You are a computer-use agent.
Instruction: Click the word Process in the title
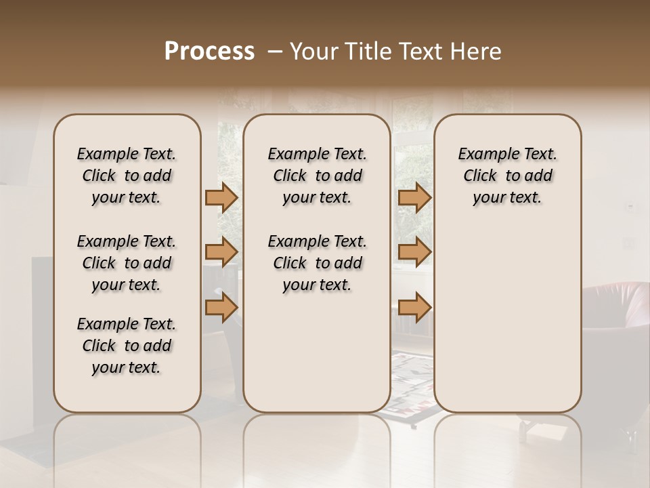[x=209, y=52]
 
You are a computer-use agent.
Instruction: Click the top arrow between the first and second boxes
[x=221, y=198]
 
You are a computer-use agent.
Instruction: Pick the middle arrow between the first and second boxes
[x=221, y=252]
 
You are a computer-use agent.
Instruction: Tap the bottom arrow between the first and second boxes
[x=221, y=307]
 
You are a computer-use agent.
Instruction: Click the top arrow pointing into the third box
[x=414, y=198]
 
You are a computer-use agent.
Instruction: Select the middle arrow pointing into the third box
[x=414, y=252]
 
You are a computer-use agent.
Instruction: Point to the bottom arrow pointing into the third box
[x=414, y=307]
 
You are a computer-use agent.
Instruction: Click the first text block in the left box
[x=126, y=176]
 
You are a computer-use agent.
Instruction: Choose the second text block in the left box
[x=126, y=263]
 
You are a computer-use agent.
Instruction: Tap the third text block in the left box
[x=126, y=346]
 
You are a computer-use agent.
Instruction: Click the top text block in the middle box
[x=317, y=176]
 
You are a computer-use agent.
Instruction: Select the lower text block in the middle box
[x=317, y=263]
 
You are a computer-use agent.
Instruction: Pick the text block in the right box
[x=507, y=176]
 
